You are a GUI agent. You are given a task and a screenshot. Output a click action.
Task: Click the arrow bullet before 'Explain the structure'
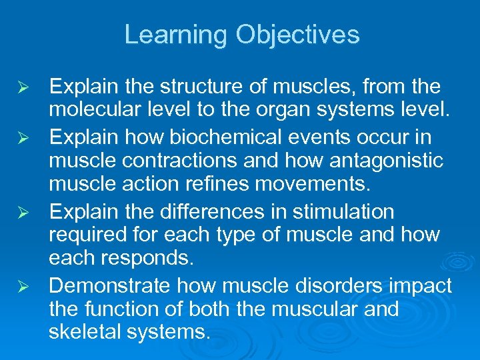click(23, 87)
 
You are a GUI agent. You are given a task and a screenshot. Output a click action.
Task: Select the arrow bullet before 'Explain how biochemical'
click(23, 138)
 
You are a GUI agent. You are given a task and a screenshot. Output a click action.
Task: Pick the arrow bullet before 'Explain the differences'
click(23, 213)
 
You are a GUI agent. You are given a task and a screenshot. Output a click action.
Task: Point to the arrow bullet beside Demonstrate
click(23, 286)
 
